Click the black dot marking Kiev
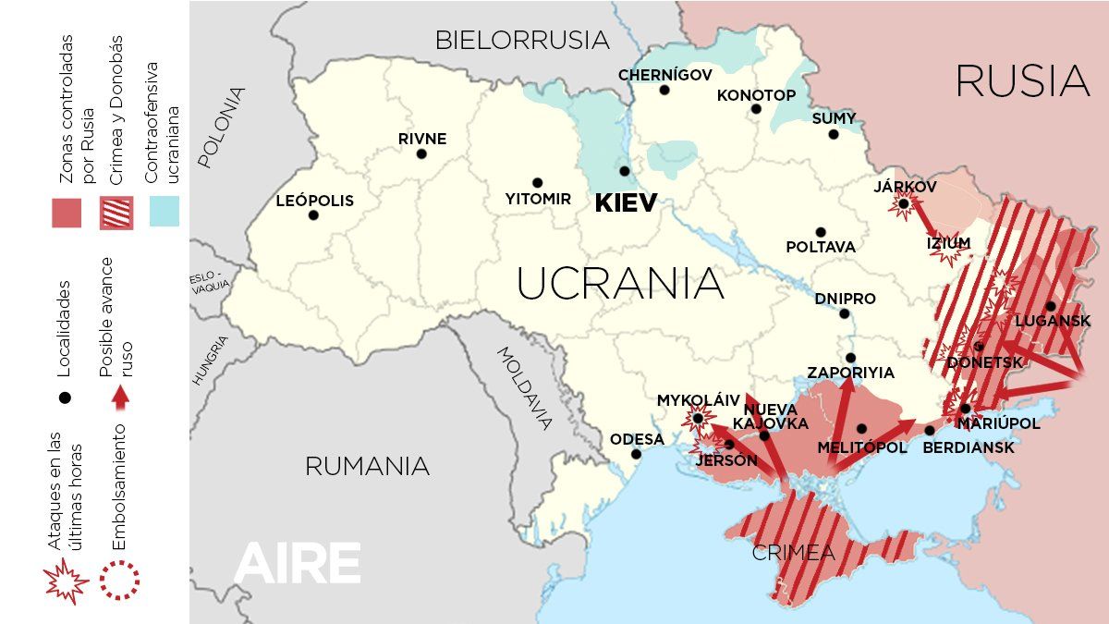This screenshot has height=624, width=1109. [625, 171]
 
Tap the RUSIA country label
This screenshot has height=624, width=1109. [1022, 81]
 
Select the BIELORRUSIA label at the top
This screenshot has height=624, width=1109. [522, 41]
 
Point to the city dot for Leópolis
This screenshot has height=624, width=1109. [313, 215]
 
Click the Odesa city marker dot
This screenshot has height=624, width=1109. [636, 454]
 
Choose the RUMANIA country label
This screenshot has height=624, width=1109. [367, 466]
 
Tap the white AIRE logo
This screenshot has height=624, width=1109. [297, 563]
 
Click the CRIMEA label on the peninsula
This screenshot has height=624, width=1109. [793, 554]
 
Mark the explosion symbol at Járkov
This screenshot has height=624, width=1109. [903, 204]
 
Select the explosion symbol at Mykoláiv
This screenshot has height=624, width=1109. [697, 419]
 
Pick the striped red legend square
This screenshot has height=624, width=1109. [116, 212]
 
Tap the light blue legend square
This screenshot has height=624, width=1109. [163, 212]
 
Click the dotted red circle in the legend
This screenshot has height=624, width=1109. [119, 580]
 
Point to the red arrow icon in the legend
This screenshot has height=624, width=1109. [118, 398]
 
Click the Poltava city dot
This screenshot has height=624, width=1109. [821, 232]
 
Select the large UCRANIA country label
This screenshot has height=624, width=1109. [619, 284]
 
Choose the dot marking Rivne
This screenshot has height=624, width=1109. [421, 153]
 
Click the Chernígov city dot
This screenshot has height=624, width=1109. [664, 90]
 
